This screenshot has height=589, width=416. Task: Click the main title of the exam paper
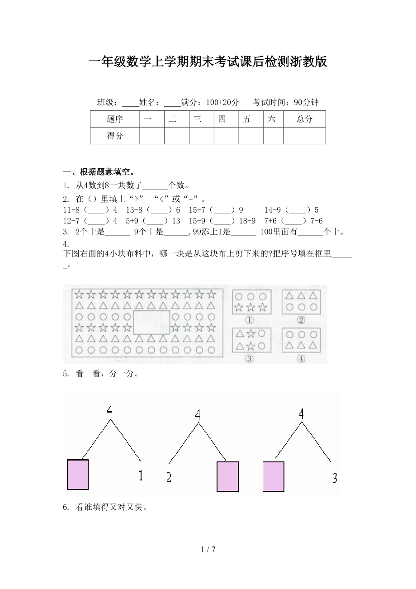tap(208, 62)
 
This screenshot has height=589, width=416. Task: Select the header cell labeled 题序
tap(115, 119)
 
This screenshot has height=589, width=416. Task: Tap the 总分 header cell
tap(304, 119)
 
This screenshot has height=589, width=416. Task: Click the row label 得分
tap(115, 136)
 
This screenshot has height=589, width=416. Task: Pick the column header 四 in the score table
tap(222, 119)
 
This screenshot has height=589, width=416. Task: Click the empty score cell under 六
tap(273, 136)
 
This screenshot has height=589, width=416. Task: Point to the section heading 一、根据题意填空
tap(98, 172)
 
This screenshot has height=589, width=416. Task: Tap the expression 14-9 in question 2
tap(273, 210)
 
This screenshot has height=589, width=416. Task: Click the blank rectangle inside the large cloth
tap(151, 323)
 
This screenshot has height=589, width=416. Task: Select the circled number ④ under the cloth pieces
tap(301, 359)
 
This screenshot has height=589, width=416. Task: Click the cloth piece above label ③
tap(251, 340)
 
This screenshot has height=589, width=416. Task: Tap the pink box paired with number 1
tap(78, 475)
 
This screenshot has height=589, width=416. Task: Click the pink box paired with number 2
tap(227, 476)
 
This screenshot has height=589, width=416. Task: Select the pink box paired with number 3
tap(274, 476)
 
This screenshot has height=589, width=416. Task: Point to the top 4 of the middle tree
tap(198, 414)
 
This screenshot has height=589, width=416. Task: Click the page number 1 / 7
tap(208, 550)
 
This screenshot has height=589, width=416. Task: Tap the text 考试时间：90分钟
tap(285, 102)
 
